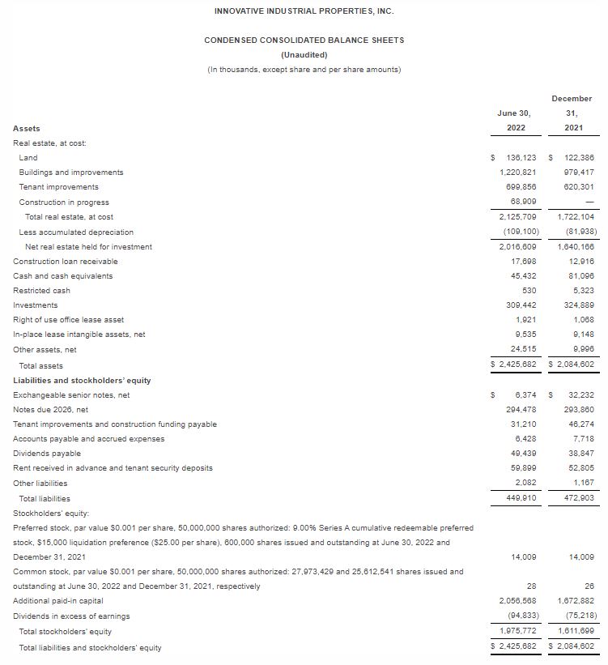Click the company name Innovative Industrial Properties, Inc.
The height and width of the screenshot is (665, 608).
coord(304,11)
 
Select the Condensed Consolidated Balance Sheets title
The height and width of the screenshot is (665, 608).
coord(304,40)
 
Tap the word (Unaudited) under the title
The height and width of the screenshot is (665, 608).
coord(304,54)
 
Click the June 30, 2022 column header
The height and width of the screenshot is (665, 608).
coord(512,121)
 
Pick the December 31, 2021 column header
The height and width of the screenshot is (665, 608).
coord(572,113)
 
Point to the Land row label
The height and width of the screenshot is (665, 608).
coord(28,158)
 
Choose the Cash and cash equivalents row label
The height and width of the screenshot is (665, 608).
coord(63,276)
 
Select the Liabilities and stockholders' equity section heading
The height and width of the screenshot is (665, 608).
coord(82,380)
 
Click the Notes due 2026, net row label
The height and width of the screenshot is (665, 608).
coord(50,410)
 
